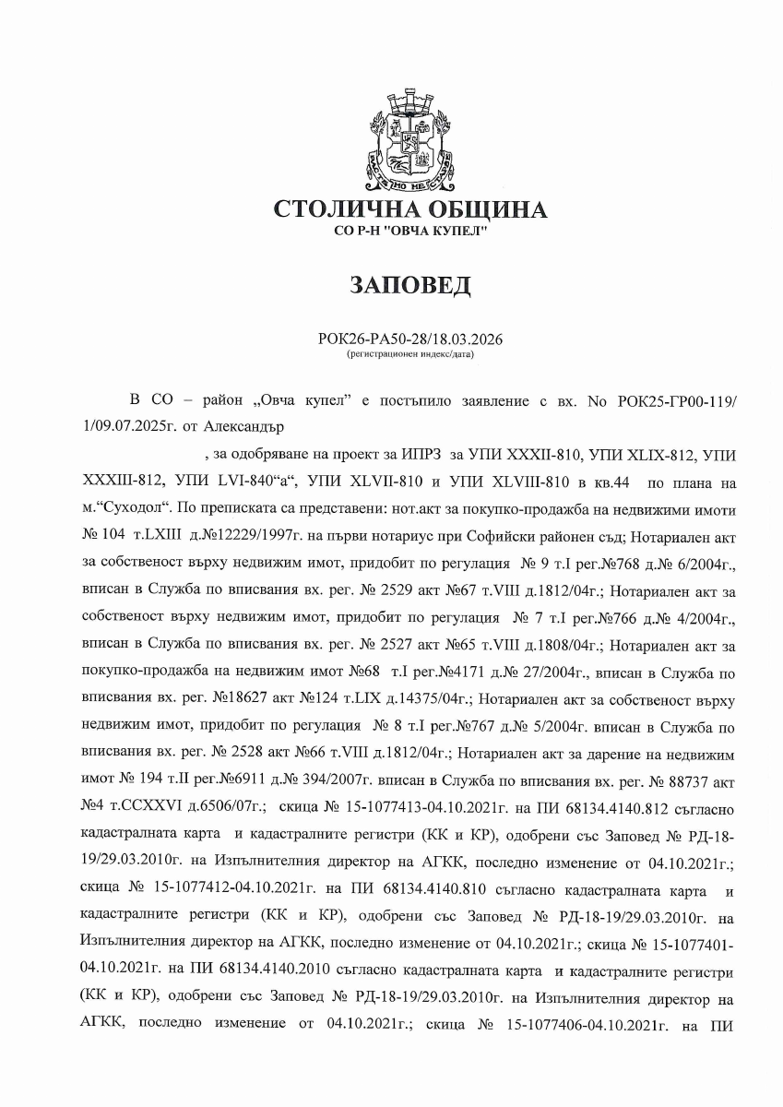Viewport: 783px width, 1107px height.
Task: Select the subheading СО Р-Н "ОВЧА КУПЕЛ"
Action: click(x=410, y=231)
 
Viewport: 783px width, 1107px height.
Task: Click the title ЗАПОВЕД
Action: click(x=410, y=285)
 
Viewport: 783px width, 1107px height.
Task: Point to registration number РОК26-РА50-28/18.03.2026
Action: click(x=410, y=339)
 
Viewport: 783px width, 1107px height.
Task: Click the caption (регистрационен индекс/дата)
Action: click(x=410, y=353)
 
